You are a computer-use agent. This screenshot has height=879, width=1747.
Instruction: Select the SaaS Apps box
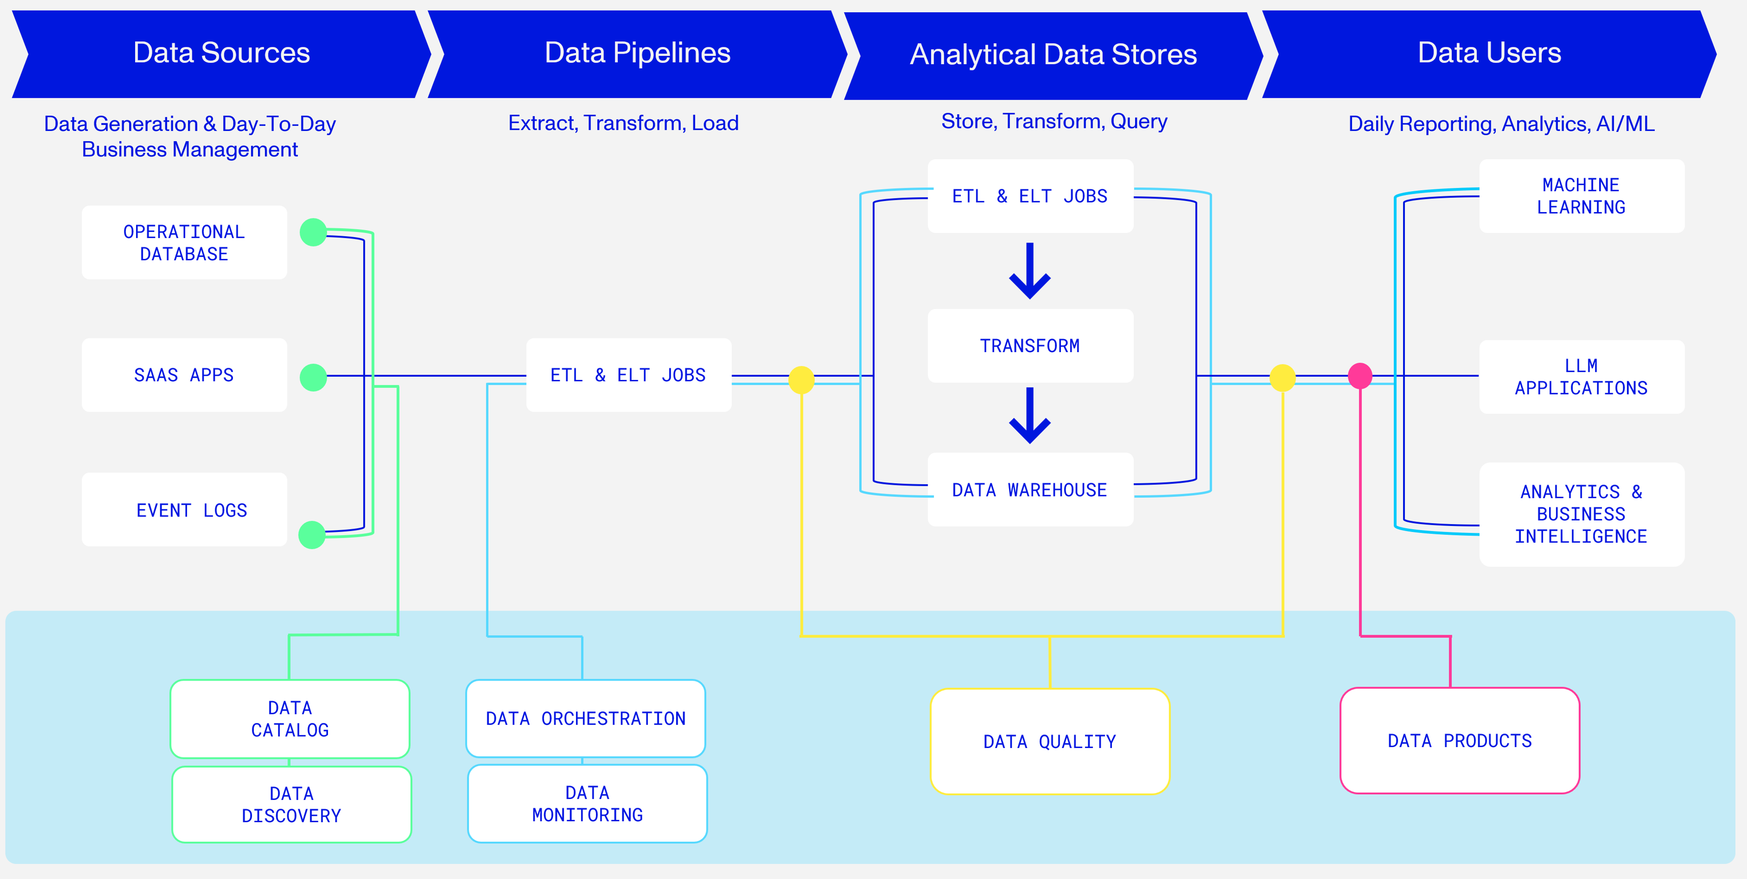click(184, 375)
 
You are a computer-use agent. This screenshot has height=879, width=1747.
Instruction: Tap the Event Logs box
click(184, 510)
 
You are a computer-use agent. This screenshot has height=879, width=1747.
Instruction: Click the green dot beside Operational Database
click(313, 232)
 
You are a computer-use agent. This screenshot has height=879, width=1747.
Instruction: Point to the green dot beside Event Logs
click(312, 535)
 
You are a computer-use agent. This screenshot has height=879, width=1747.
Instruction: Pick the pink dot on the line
click(1360, 376)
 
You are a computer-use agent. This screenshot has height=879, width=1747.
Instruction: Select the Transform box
click(1030, 346)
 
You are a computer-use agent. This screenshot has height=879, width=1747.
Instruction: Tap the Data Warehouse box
click(1030, 490)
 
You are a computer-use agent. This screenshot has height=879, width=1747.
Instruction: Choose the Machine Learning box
click(1581, 196)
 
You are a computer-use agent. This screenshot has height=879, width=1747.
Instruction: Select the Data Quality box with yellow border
click(1050, 741)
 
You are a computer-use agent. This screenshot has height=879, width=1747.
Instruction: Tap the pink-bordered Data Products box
click(1459, 741)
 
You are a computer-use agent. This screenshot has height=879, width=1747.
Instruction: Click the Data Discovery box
click(292, 804)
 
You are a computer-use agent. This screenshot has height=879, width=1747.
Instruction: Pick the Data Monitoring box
click(587, 804)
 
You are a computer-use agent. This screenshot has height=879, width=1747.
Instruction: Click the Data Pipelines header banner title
click(637, 53)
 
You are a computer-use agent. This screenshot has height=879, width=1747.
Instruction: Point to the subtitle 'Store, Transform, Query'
click(1054, 121)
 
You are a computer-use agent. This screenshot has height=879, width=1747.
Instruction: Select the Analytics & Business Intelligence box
click(1581, 514)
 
